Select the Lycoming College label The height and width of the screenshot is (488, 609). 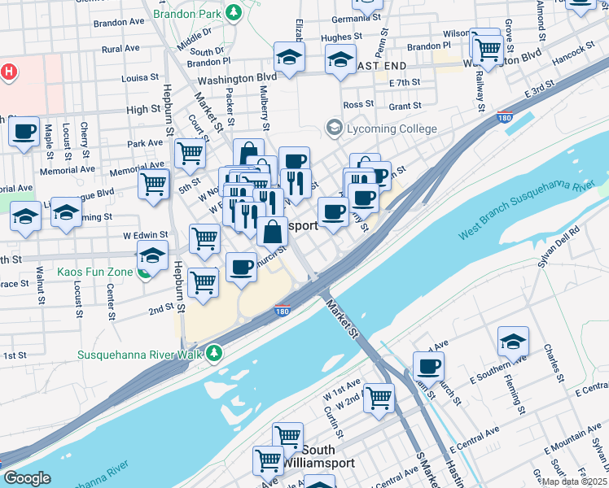click(390, 129)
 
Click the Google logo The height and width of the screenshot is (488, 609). click(27, 478)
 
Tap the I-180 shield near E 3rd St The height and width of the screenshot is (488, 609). click(505, 117)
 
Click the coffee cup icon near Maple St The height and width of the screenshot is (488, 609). click(24, 130)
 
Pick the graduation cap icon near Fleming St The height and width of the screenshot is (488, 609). click(513, 342)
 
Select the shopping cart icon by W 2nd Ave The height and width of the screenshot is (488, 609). click(379, 399)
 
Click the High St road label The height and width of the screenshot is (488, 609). click(143, 109)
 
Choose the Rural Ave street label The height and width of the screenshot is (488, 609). click(120, 49)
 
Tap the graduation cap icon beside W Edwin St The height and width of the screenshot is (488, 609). click(152, 255)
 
